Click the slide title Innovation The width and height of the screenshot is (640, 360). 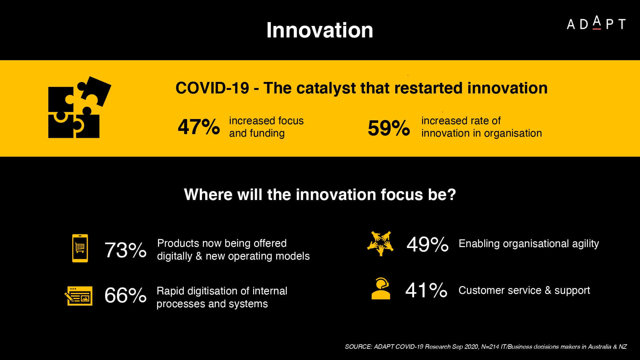coord(320,30)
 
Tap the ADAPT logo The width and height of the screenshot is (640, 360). coord(596,23)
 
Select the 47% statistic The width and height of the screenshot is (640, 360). coord(199,127)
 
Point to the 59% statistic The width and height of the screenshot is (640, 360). coord(389,128)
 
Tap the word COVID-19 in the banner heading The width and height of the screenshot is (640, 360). coord(212,88)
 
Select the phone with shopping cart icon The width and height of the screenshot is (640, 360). coord(80,248)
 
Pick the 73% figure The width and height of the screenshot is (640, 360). coord(125,250)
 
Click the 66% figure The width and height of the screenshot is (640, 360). coord(125,295)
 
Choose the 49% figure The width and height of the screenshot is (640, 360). coord(428,244)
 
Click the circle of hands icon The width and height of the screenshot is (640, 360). coord(380,244)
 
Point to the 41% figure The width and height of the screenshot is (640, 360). coord(426,290)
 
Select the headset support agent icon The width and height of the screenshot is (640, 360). coord(380,289)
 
